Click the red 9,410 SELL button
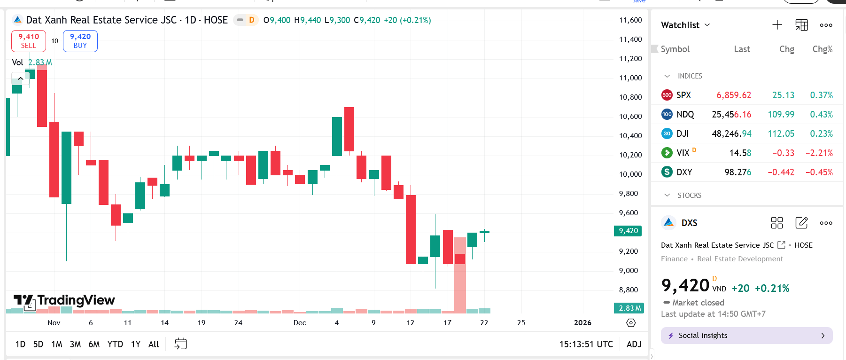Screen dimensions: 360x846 (29, 41)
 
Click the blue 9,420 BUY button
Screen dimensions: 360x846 (80, 41)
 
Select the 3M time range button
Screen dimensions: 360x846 (75, 344)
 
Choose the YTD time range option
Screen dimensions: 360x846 (115, 344)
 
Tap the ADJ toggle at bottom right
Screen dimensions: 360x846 (634, 344)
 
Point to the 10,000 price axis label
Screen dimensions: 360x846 (630, 174)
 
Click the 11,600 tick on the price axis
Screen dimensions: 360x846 (630, 20)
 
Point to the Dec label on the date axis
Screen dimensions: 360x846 (300, 322)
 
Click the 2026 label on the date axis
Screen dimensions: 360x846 (582, 322)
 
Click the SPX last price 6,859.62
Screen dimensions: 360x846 (734, 95)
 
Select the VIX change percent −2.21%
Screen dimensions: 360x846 (819, 153)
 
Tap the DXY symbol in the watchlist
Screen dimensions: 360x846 (684, 172)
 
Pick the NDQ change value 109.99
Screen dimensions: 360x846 (781, 114)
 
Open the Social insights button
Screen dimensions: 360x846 (746, 336)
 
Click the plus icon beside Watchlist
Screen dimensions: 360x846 (777, 25)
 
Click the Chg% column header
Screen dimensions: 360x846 (823, 49)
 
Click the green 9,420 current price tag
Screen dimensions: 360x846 (628, 231)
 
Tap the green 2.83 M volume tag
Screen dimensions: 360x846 (629, 308)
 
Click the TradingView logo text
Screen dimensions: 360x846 (76, 300)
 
